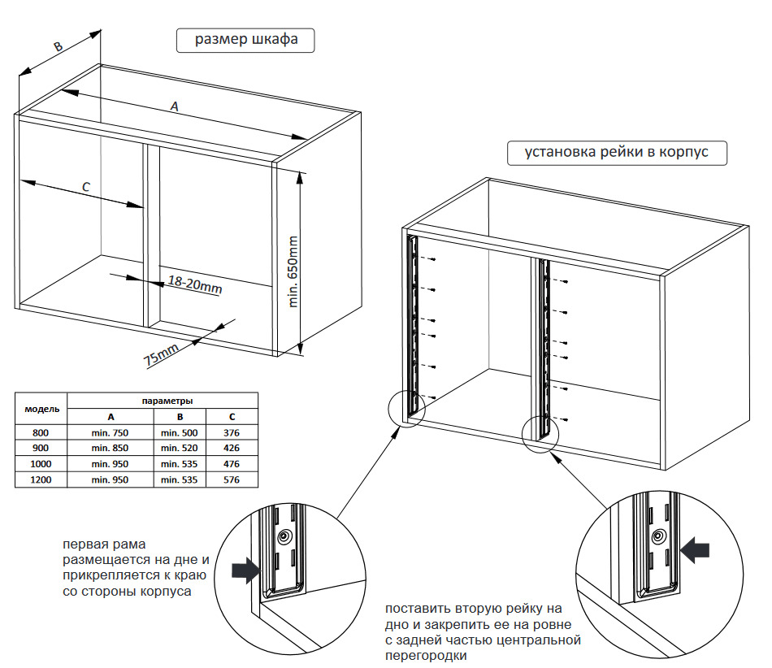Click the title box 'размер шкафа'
[x=245, y=41]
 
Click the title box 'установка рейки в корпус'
[x=617, y=153]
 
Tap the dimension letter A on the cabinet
[x=173, y=106]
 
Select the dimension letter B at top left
[x=58, y=46]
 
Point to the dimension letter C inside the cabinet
[x=87, y=186]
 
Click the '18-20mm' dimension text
[x=195, y=284]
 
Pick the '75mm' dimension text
[x=161, y=355]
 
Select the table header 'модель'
[x=41, y=408]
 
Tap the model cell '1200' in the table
[x=41, y=479]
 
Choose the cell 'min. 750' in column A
[x=110, y=432]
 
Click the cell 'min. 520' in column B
[x=179, y=448]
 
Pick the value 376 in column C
[x=232, y=432]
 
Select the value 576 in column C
[x=232, y=479]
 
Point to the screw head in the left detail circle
[x=284, y=537]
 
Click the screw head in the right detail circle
[x=659, y=536]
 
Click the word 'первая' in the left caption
[x=86, y=544]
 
